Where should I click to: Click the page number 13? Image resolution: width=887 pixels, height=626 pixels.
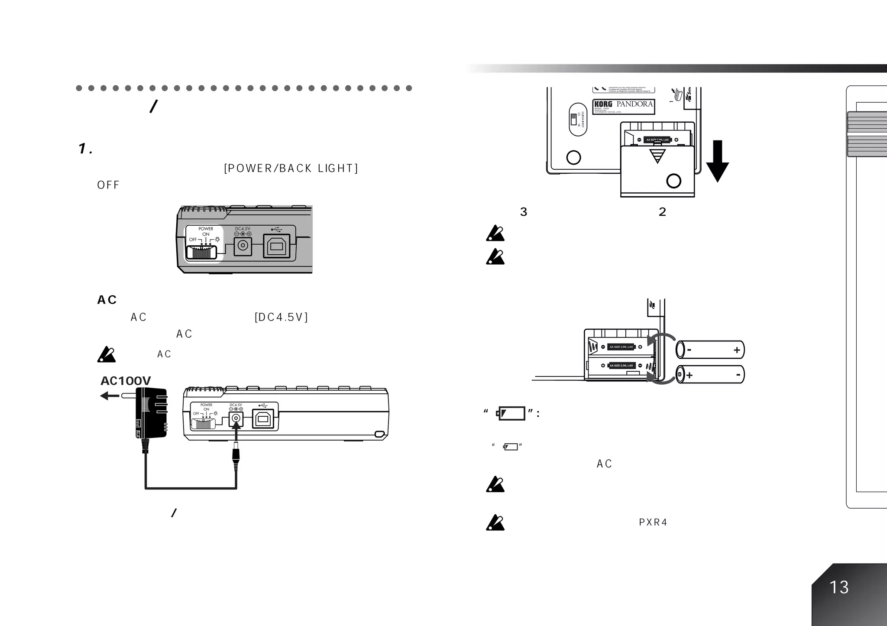838,587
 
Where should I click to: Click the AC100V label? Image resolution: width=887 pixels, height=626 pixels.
126,381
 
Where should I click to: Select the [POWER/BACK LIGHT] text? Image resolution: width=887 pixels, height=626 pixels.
291,169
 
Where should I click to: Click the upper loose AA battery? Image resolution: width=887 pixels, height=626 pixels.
710,350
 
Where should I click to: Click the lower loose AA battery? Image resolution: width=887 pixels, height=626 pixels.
710,375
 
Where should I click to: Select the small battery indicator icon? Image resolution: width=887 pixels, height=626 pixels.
511,447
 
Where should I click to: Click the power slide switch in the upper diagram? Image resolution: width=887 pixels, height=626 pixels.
201,253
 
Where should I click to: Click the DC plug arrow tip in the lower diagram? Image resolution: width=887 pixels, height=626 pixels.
236,427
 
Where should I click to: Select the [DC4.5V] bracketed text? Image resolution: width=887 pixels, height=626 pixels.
282,318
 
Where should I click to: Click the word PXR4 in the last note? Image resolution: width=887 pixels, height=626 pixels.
653,522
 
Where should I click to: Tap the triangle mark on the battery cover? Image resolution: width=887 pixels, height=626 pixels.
657,156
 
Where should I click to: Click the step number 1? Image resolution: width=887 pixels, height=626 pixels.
85,149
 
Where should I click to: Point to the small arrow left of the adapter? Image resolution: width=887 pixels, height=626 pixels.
109,396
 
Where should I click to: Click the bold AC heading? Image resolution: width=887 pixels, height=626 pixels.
107,300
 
